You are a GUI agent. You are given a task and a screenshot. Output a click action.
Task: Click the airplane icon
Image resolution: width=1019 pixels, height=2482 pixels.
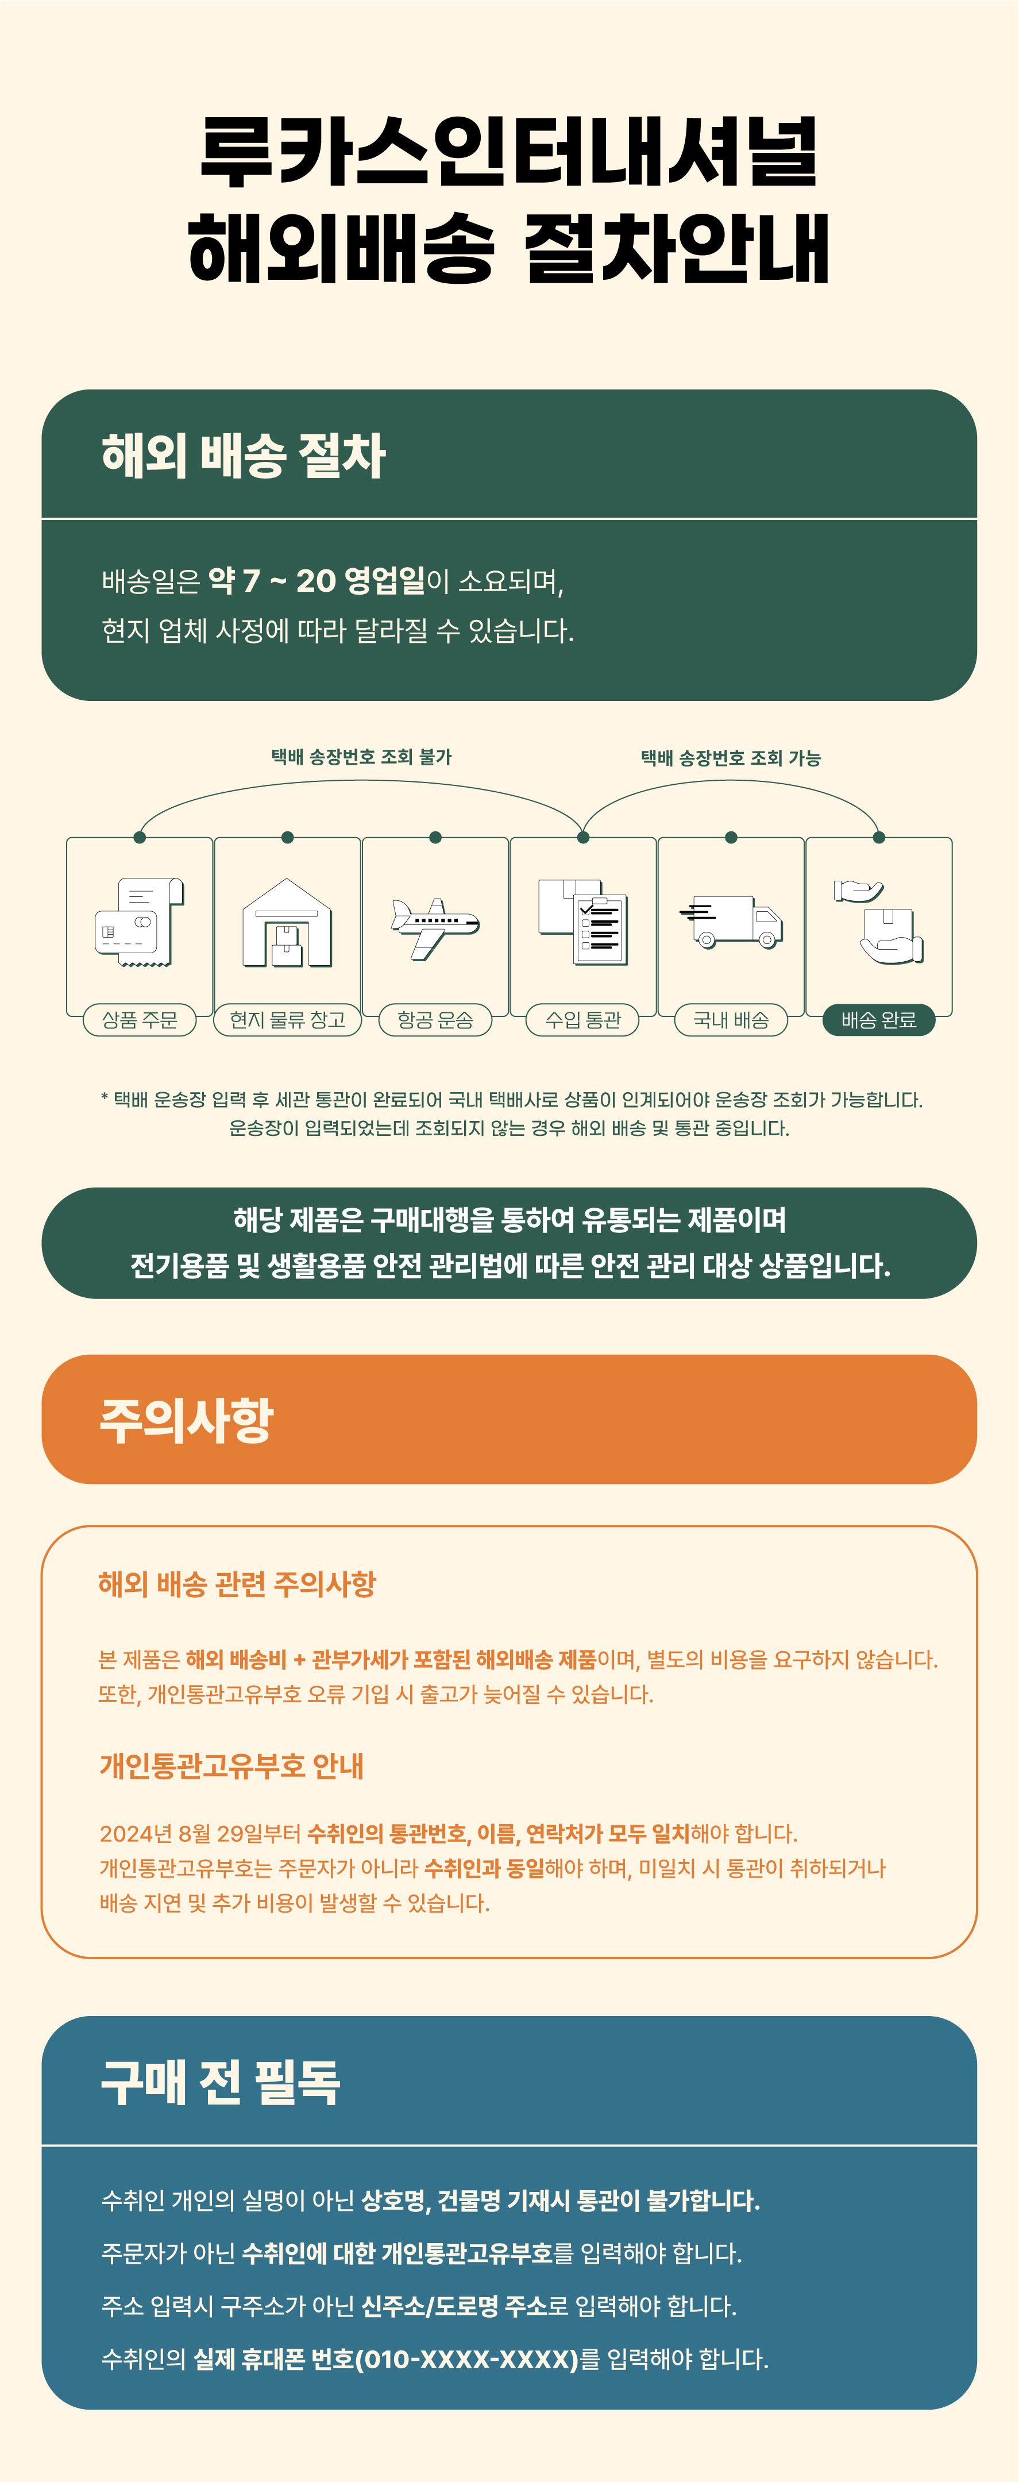click(435, 927)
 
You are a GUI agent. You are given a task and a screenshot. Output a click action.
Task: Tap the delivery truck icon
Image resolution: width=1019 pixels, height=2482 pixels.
click(731, 922)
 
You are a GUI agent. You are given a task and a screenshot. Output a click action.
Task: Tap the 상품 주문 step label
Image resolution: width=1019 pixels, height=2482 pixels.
click(140, 1019)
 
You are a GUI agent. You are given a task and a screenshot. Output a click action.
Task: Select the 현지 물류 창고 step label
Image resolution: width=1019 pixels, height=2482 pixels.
click(287, 1019)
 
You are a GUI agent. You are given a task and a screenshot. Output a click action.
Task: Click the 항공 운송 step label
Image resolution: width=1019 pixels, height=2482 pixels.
click(435, 1019)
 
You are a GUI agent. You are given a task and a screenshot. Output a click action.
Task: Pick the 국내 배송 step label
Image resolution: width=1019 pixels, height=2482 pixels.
click(731, 1019)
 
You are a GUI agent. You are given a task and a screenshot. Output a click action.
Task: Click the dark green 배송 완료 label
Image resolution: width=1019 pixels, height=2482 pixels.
click(878, 1019)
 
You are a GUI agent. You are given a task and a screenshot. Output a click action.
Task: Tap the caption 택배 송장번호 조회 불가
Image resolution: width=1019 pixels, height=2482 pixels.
click(361, 757)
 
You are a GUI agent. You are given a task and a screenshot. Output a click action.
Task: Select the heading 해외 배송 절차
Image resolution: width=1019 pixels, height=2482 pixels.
click(244, 456)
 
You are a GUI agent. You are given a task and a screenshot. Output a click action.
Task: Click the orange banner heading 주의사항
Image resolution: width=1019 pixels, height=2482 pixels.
click(187, 1419)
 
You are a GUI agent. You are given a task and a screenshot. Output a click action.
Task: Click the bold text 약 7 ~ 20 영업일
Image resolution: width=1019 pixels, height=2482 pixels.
click(317, 581)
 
